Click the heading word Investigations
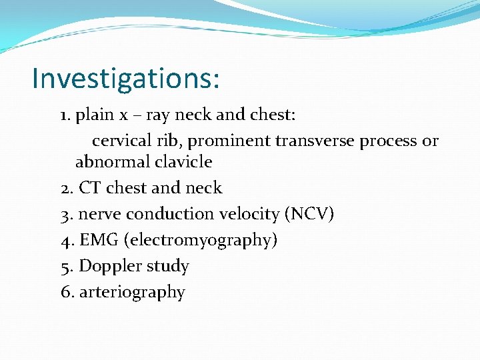coord(125,78)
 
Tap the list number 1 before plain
coord(65,115)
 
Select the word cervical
coord(119,141)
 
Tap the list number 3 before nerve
coord(66,214)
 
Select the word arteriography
coord(132,293)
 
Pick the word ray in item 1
coord(157,116)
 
